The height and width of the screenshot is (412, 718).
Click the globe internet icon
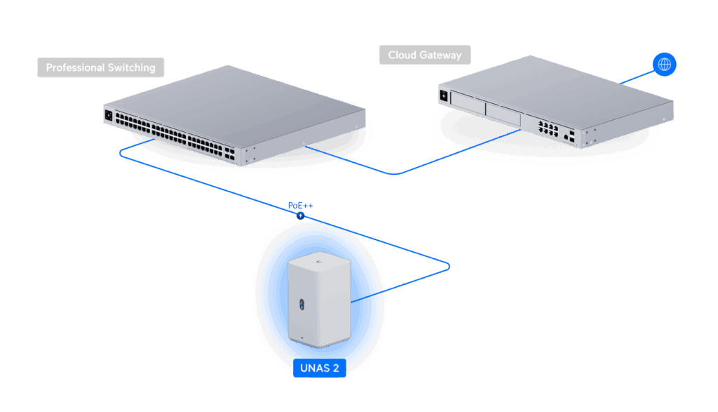(664, 65)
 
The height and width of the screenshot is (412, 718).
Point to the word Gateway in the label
(441, 55)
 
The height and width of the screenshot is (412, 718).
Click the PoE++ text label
(301, 206)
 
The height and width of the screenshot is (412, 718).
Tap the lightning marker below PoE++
(300, 216)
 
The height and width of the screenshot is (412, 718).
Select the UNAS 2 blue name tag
(320, 368)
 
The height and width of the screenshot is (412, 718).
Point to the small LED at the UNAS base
(303, 340)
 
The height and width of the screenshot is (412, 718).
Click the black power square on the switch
(109, 116)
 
